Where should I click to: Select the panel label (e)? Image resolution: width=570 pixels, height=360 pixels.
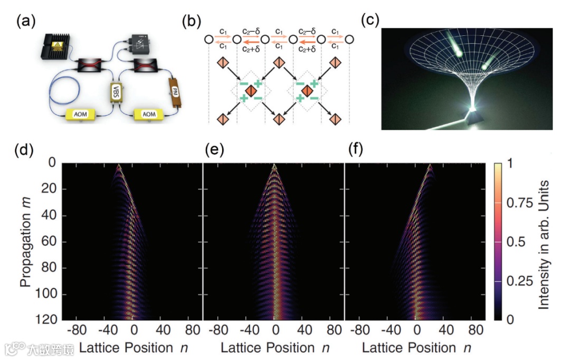213,151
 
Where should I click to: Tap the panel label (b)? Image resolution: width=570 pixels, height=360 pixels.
190,22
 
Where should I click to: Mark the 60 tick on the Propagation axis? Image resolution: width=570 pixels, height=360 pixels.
49,242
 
